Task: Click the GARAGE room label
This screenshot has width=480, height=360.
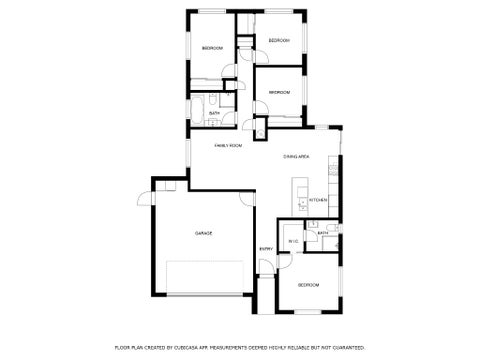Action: [x=203, y=233]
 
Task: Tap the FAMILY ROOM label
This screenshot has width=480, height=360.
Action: [x=229, y=146]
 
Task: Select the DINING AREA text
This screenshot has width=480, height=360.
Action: [x=295, y=156]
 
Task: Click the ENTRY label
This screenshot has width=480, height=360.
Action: [x=266, y=249]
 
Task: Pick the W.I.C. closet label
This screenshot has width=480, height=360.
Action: [x=292, y=241]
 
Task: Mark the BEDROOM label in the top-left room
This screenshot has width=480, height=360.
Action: [x=212, y=48]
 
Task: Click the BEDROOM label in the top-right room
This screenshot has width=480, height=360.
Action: [x=279, y=40]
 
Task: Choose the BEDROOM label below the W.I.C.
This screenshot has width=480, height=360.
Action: [x=308, y=285]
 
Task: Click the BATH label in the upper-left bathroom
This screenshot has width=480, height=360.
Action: [x=215, y=113]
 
